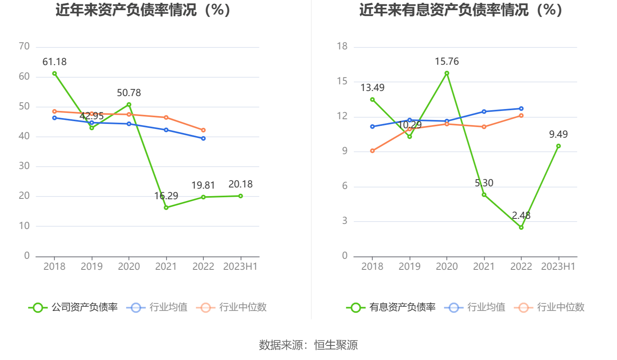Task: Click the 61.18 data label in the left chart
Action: click(54, 62)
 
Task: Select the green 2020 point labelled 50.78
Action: click(129, 105)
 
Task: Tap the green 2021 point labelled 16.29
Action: click(166, 207)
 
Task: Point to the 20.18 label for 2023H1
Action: click(240, 184)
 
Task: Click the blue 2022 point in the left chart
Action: click(203, 138)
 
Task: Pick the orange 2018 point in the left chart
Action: click(54, 111)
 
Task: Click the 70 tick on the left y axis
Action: click(24, 47)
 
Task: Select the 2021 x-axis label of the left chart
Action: click(166, 267)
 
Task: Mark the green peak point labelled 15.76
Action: click(447, 73)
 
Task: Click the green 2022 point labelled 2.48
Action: click(521, 227)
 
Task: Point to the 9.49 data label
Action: click(558, 135)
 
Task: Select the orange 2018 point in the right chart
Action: click(372, 151)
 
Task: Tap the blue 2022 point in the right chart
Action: click(521, 109)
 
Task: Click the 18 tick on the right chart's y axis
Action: click(342, 47)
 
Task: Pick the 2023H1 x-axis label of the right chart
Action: click(558, 267)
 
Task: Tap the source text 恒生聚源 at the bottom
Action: click(336, 345)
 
